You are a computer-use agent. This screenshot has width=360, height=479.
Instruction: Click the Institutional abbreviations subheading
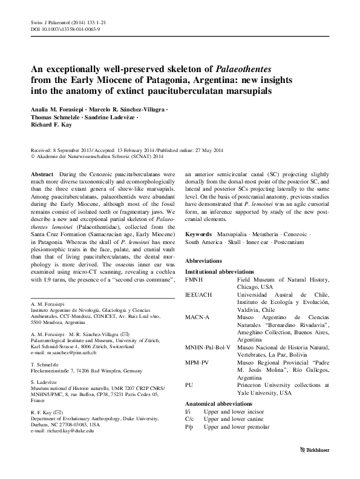[219, 273]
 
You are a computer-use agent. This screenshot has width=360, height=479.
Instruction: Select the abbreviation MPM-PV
[196, 361]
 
